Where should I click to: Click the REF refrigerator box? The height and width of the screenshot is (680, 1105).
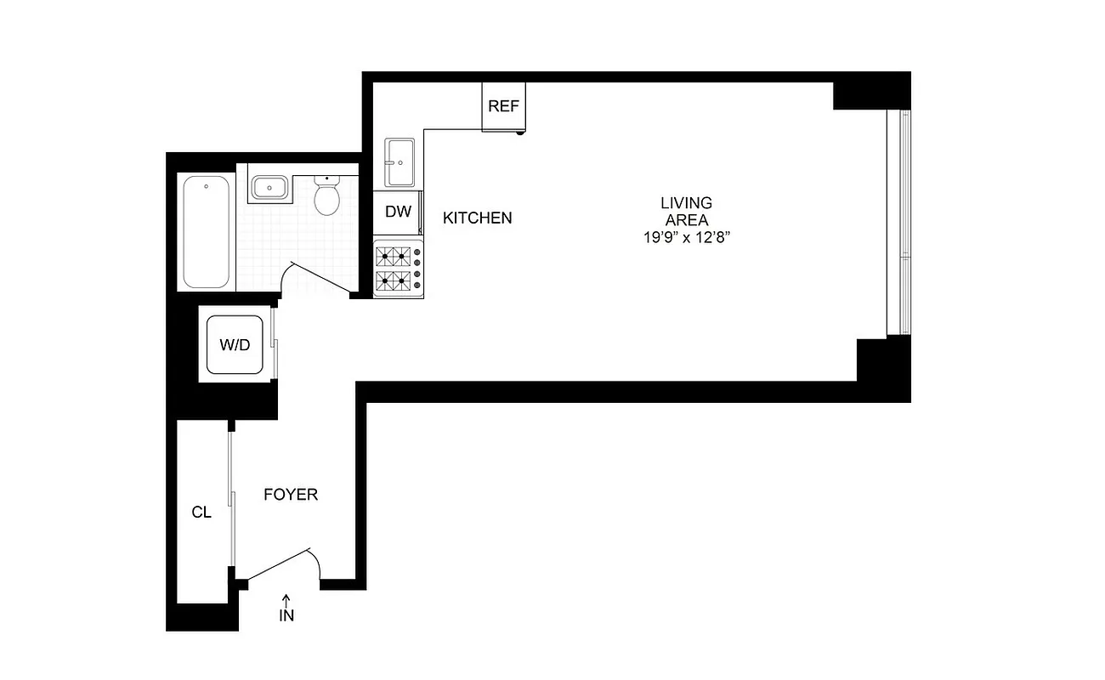tap(503, 106)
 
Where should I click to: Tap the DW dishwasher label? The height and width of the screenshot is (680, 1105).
tap(398, 212)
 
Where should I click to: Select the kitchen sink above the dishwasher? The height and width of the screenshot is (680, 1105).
tap(399, 161)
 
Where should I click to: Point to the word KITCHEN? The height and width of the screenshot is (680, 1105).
tap(478, 218)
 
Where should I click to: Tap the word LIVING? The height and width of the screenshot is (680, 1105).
tap(687, 203)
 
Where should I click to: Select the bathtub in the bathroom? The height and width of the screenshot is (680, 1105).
tap(207, 232)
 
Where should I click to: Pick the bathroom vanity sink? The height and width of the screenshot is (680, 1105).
tap(270, 186)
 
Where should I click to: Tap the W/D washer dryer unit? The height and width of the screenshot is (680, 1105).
tap(235, 344)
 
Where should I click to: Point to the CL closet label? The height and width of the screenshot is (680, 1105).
tap(201, 513)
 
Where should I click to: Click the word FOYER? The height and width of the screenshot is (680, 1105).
tap(291, 494)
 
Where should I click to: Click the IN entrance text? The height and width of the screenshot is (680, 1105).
tap(286, 615)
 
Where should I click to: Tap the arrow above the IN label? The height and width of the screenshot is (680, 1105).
tap(286, 599)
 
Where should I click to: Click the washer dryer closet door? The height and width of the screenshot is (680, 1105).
tap(273, 343)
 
